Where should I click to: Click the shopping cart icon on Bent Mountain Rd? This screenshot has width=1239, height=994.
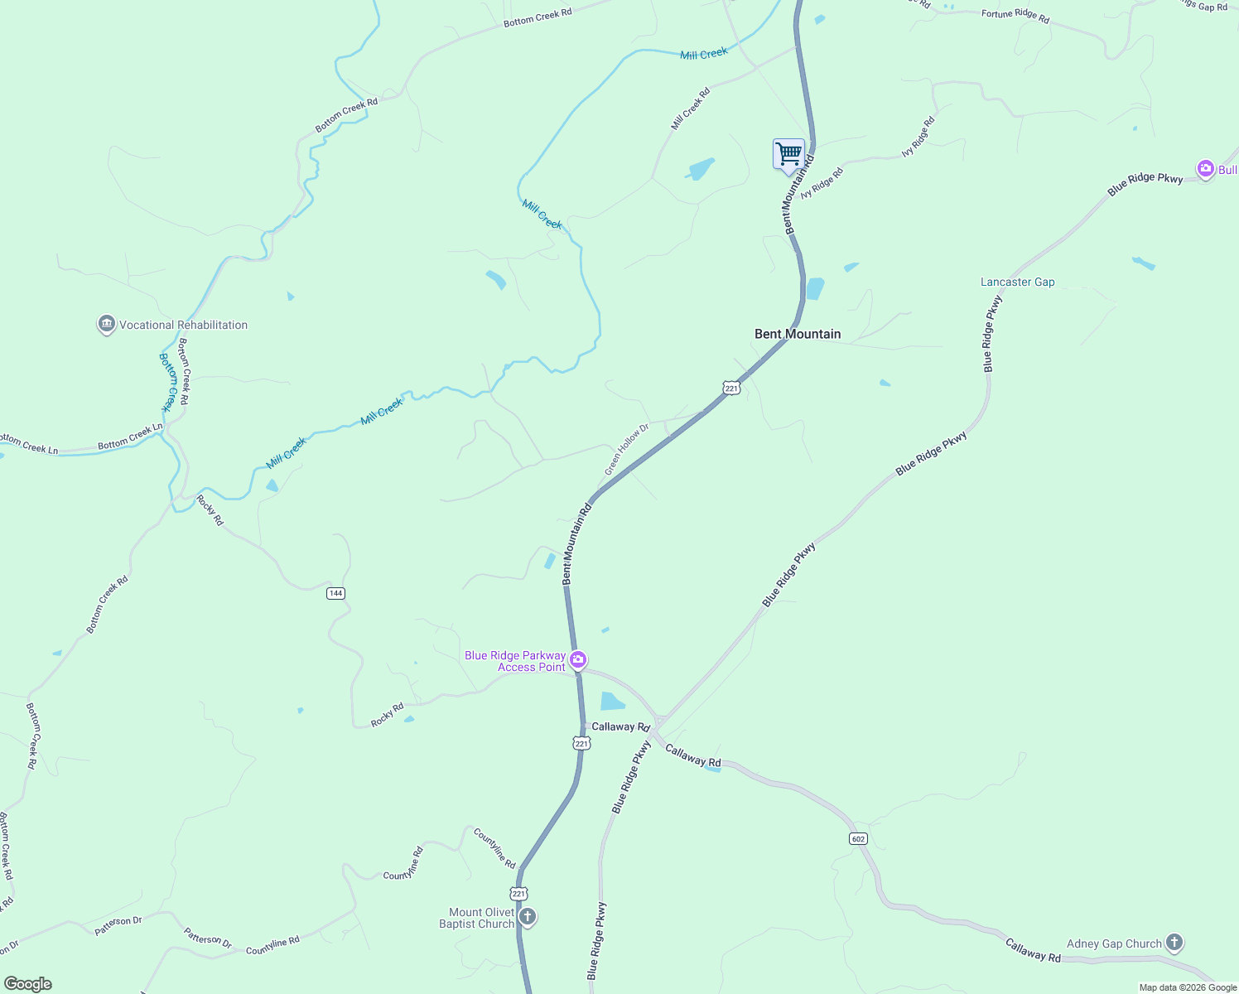(788, 154)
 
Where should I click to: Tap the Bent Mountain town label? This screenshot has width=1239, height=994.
(798, 334)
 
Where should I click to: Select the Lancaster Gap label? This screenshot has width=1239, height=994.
(1017, 282)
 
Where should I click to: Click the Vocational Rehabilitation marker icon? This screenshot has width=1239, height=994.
(106, 325)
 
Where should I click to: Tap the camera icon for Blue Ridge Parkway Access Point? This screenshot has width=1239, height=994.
(578, 660)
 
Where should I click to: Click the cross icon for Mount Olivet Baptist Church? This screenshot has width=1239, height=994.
(528, 917)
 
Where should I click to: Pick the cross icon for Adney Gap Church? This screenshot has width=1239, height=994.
(1174, 943)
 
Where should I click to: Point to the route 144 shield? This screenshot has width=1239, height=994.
(335, 593)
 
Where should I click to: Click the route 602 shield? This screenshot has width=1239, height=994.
(858, 839)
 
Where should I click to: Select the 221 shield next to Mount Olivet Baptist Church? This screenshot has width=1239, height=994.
(518, 894)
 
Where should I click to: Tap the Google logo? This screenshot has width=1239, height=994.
(28, 984)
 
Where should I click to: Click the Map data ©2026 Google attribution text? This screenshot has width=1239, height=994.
(1188, 987)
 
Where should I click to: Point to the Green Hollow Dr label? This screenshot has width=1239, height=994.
(626, 450)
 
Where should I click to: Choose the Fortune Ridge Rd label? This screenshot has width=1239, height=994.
(1015, 16)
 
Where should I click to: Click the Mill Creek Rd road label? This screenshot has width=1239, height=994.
(691, 109)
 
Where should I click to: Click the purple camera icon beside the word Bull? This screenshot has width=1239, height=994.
(1205, 169)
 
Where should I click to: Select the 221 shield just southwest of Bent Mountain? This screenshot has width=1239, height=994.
(731, 388)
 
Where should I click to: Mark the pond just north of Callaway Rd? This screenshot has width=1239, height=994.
(612, 702)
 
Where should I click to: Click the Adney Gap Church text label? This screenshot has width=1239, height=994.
(1114, 943)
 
